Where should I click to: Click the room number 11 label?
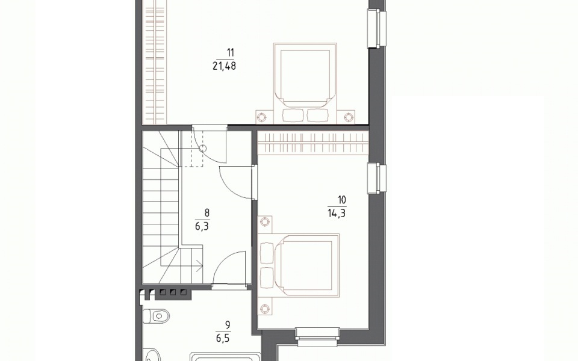[x=231, y=53]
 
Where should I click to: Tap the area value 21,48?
[x=224, y=66]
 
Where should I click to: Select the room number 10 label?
[x=342, y=200]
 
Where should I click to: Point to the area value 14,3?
[x=336, y=213]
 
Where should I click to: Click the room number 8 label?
[x=207, y=213]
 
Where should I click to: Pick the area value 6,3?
[x=202, y=226]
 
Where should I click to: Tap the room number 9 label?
[x=228, y=325]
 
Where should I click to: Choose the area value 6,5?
[x=223, y=338]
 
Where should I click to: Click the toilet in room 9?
[x=156, y=316]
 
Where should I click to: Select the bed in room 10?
[x=299, y=265]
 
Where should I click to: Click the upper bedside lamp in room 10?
[x=264, y=222]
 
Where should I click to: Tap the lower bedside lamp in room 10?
[x=264, y=308]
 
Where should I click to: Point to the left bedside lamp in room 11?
[x=261, y=117]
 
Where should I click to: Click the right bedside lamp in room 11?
[x=349, y=117]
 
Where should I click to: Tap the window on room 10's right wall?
[x=377, y=178]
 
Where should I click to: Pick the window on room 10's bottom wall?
[x=318, y=337]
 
